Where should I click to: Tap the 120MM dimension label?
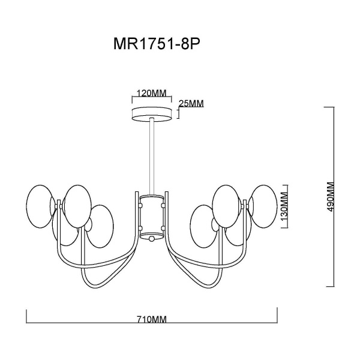[152, 94]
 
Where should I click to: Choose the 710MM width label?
[151, 320]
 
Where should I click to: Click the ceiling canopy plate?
[152, 114]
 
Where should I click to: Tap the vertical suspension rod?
[152, 156]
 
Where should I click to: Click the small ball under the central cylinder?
[152, 239]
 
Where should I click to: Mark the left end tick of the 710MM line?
[26, 314]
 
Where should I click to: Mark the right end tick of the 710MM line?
[277, 314]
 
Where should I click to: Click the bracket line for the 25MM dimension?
[178, 114]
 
